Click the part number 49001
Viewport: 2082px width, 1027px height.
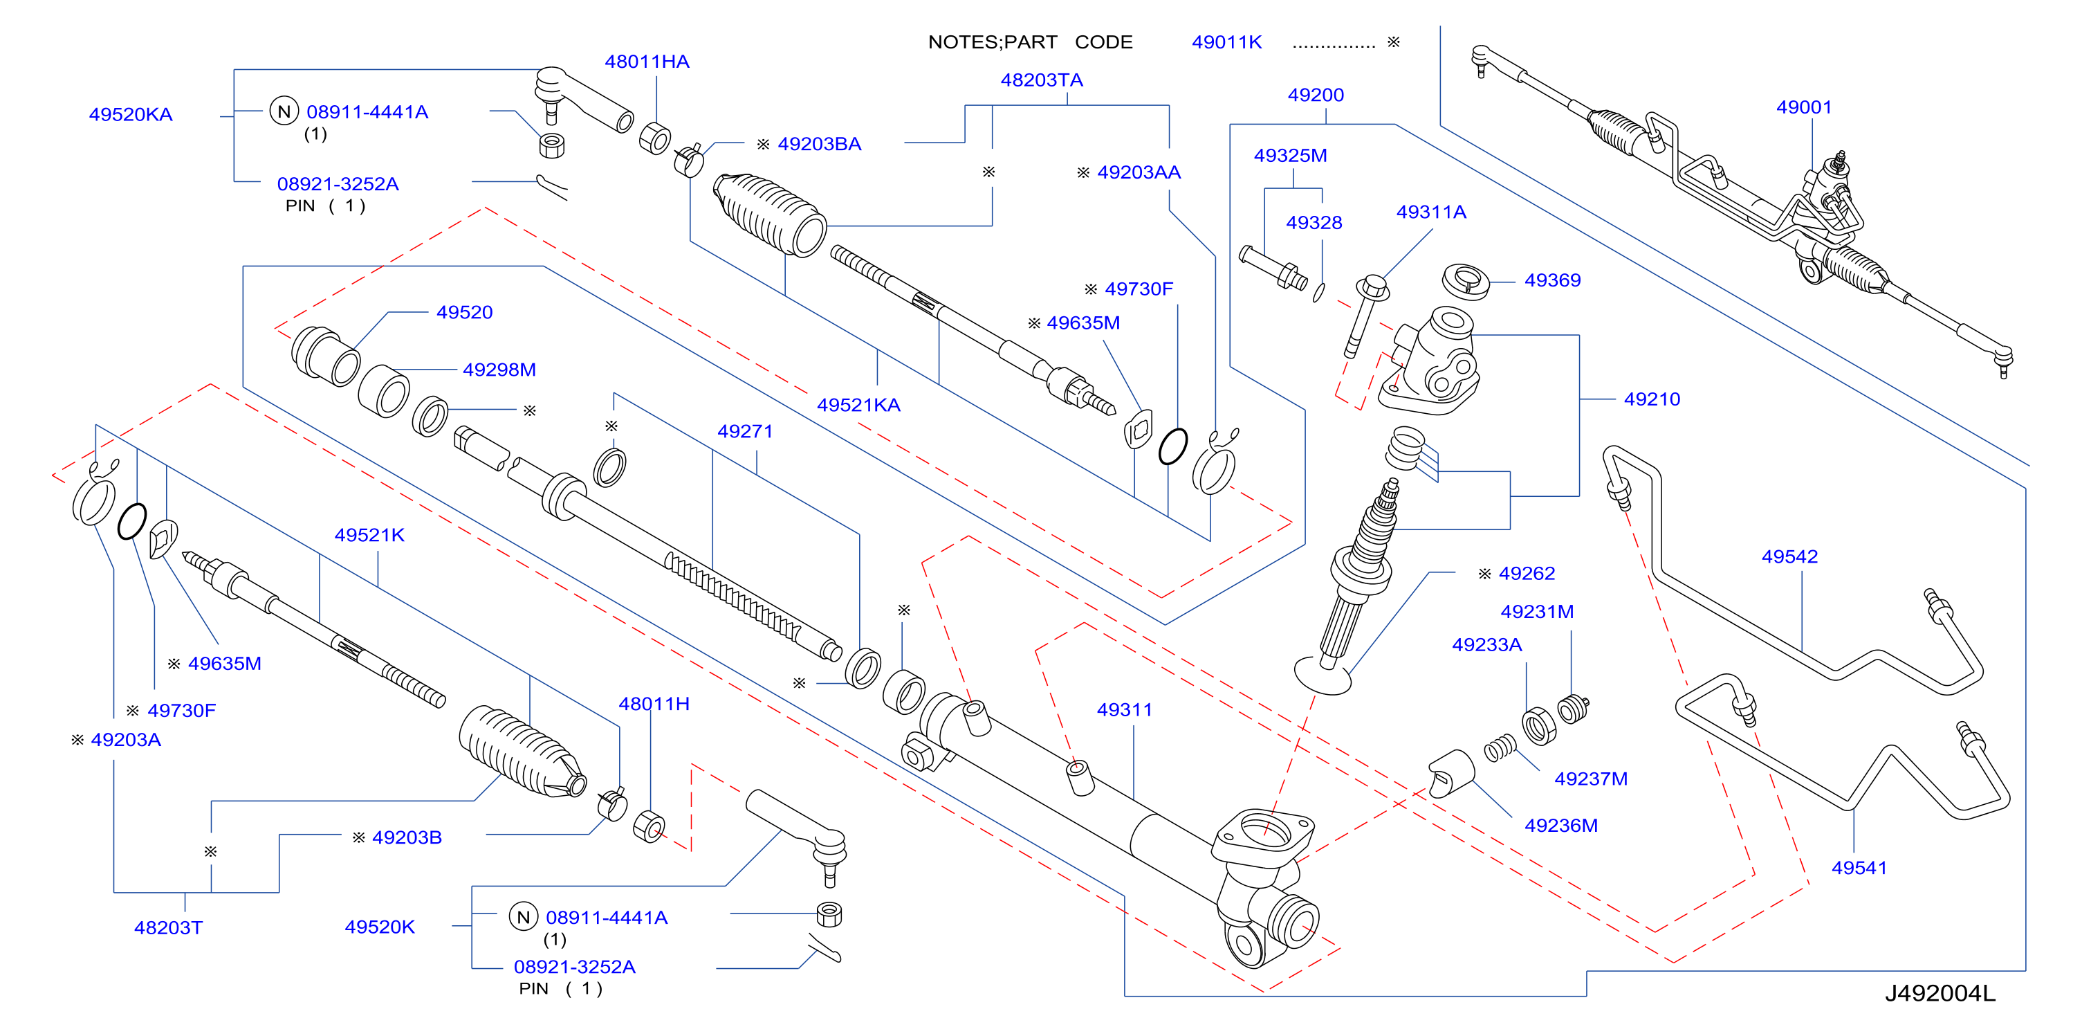coord(1803,107)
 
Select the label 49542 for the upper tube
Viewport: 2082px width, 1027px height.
coord(1789,557)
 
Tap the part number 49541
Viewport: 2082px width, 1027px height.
coord(1859,869)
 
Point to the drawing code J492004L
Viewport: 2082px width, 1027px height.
coord(1940,994)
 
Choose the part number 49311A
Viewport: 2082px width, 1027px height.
coord(1431,212)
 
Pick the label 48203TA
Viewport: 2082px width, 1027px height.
coord(1042,80)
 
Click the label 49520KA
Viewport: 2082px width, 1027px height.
coord(131,115)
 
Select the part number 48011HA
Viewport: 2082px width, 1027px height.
coord(647,62)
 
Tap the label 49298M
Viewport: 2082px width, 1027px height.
coord(499,370)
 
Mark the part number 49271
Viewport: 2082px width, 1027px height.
coord(745,432)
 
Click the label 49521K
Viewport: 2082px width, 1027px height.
coord(369,536)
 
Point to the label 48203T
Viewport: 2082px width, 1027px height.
coord(168,928)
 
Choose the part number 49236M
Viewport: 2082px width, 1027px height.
coord(1560,826)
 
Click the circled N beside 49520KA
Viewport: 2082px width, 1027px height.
coord(284,111)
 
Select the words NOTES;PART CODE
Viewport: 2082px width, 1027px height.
coord(1030,42)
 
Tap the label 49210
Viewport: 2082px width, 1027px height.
coord(1652,399)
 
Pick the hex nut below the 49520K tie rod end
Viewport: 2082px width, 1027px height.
coord(829,914)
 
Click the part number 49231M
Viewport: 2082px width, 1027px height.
coord(1537,612)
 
